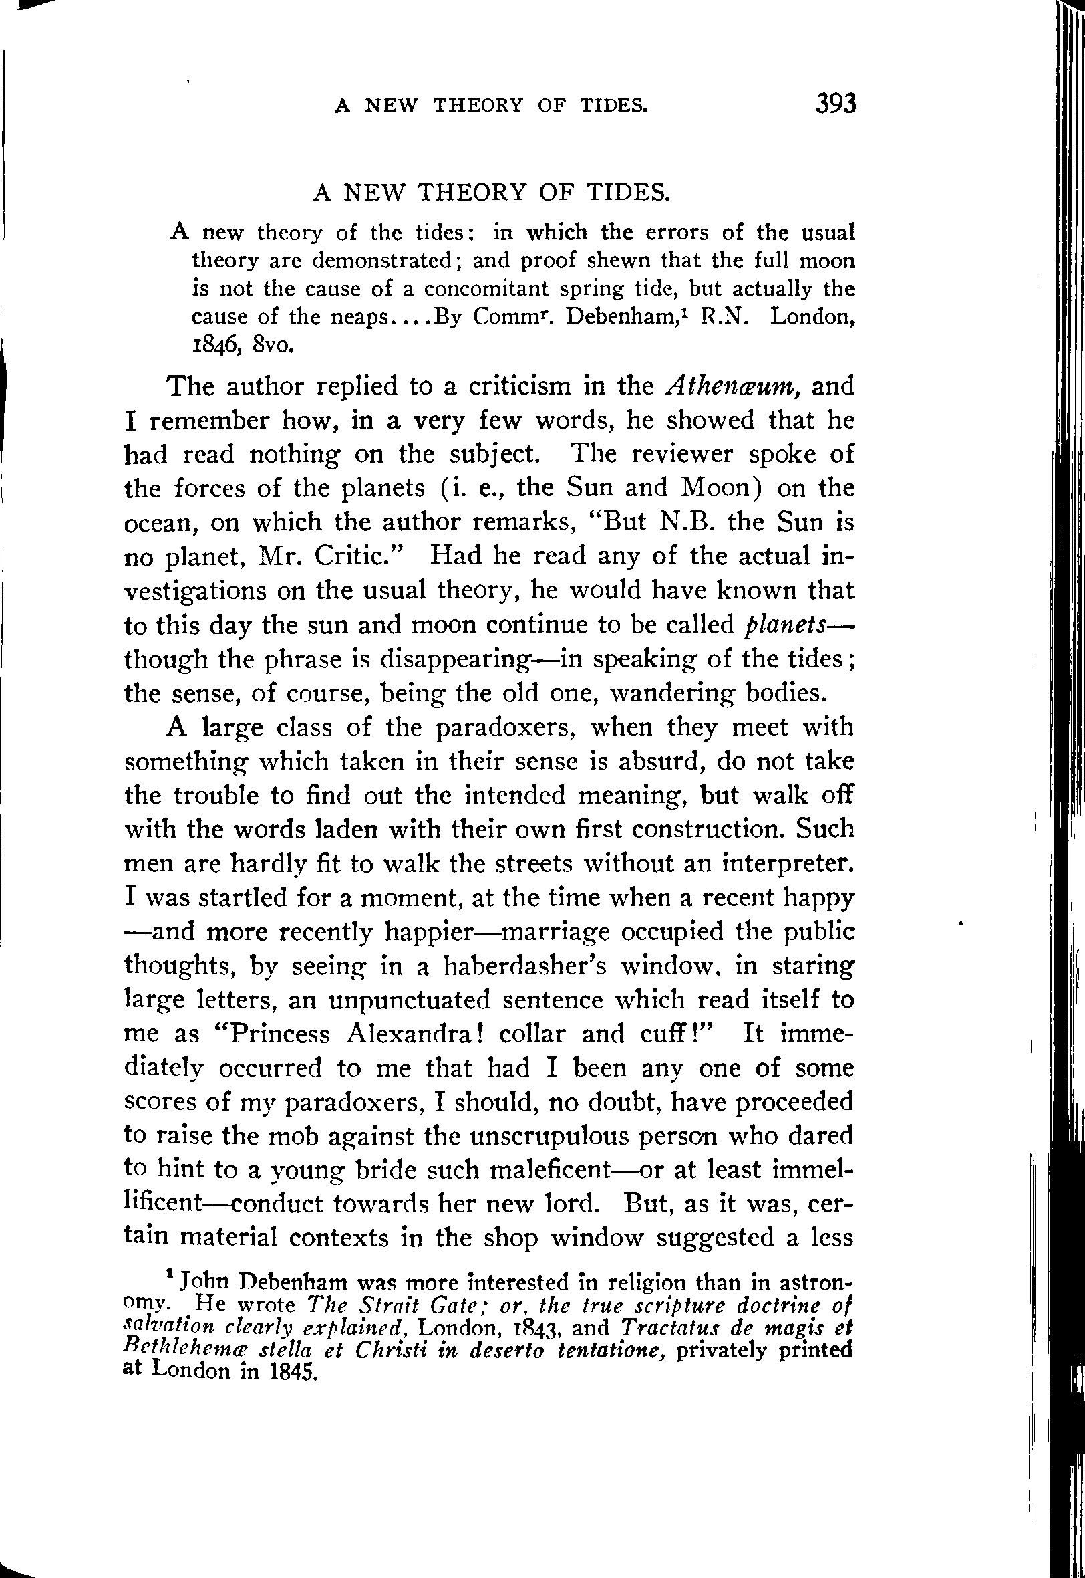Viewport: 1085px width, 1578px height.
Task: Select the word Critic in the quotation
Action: (x=361, y=556)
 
